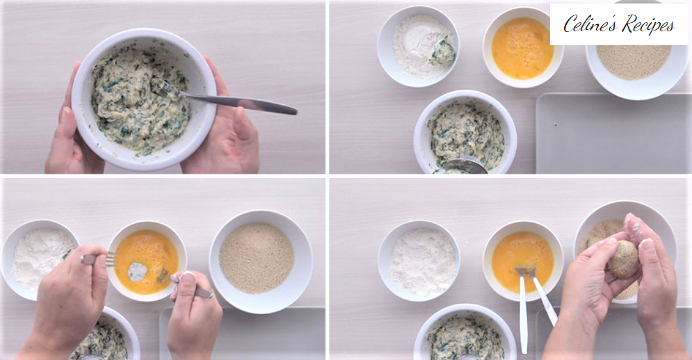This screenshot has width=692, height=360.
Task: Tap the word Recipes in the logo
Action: coord(648,25)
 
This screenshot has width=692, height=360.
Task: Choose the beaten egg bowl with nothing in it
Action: coord(522,47)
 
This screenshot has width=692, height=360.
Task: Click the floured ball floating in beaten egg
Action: coord(137,272)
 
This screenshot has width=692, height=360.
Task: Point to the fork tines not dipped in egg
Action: coord(112,259)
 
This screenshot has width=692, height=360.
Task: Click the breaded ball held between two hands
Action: coord(624,259)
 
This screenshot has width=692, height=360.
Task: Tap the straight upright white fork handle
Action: coord(523,313)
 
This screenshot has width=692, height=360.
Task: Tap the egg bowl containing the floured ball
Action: coord(147,261)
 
